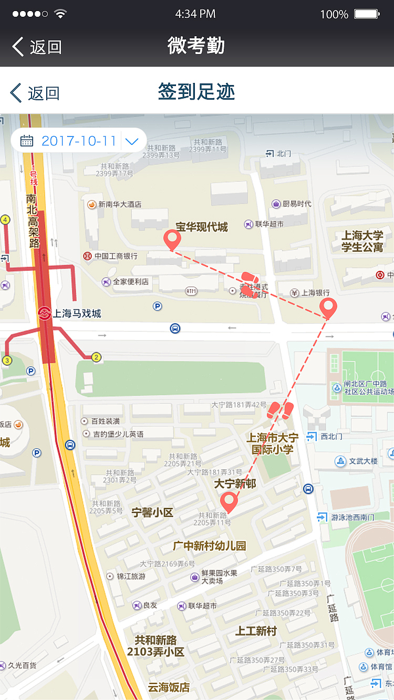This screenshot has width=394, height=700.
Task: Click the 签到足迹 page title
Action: point(196,92)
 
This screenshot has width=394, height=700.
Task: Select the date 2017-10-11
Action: point(79,141)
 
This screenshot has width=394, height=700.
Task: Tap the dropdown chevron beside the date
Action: point(132,141)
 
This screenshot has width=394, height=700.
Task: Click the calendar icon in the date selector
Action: point(27,141)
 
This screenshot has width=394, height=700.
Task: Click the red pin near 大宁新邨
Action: point(229,502)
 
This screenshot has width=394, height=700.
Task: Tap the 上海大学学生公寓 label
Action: point(362,241)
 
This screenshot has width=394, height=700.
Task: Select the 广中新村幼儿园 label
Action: point(210,546)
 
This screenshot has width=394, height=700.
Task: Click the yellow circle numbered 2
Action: point(96,357)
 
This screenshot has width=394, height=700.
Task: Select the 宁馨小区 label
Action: point(152,512)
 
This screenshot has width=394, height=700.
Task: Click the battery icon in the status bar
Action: point(367,14)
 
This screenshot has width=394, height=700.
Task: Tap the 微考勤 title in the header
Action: point(196,46)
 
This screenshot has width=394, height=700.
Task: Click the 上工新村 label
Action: point(256,631)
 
